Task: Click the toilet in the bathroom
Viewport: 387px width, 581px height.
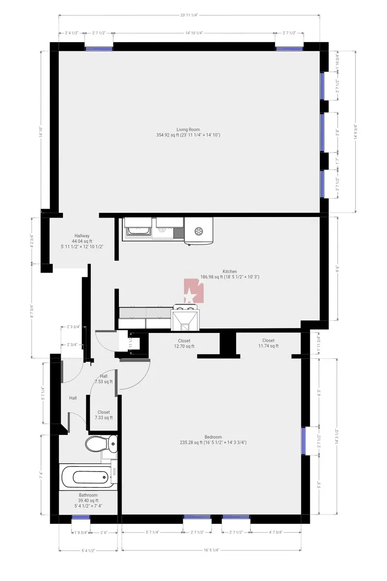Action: click(101, 443)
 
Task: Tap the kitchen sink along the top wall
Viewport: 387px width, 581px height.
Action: click(139, 228)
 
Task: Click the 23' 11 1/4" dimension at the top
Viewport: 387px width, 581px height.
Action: click(189, 15)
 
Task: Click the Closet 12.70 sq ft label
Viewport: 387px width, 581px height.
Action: click(184, 343)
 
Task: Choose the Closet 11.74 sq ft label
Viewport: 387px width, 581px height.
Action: click(268, 343)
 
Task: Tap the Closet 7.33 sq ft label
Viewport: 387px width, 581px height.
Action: click(104, 415)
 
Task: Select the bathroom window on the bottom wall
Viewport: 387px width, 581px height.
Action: click(81, 518)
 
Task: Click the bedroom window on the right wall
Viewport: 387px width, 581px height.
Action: click(303, 441)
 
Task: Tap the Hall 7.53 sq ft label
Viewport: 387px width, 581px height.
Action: click(104, 379)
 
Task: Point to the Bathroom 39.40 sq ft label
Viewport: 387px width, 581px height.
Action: click(88, 500)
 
